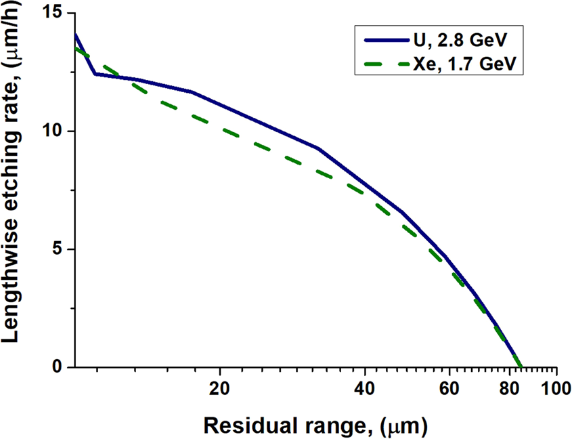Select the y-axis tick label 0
point(59,367)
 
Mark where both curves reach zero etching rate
point(519,367)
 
